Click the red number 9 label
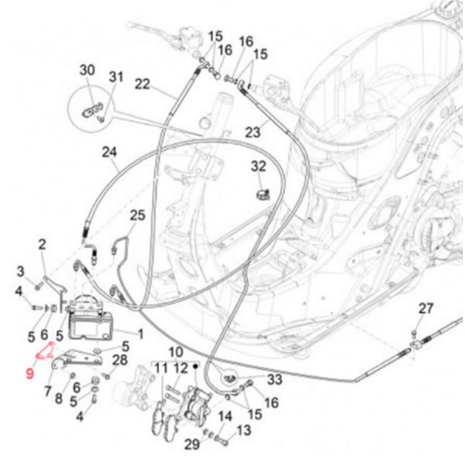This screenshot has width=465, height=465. point(29,373)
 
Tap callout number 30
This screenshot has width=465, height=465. point(87,71)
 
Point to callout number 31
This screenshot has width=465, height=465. point(115,77)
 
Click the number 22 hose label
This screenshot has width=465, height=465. point(142,84)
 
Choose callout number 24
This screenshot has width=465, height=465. point(109,153)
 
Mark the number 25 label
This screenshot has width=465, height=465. point(137,215)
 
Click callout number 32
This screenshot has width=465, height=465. point(258,166)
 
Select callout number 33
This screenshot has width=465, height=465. point(275,379)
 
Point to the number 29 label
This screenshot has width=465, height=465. point(191,444)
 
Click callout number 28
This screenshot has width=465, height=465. point(119,360)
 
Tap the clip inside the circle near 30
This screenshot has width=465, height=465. point(94,106)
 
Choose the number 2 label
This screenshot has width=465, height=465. point(42,245)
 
